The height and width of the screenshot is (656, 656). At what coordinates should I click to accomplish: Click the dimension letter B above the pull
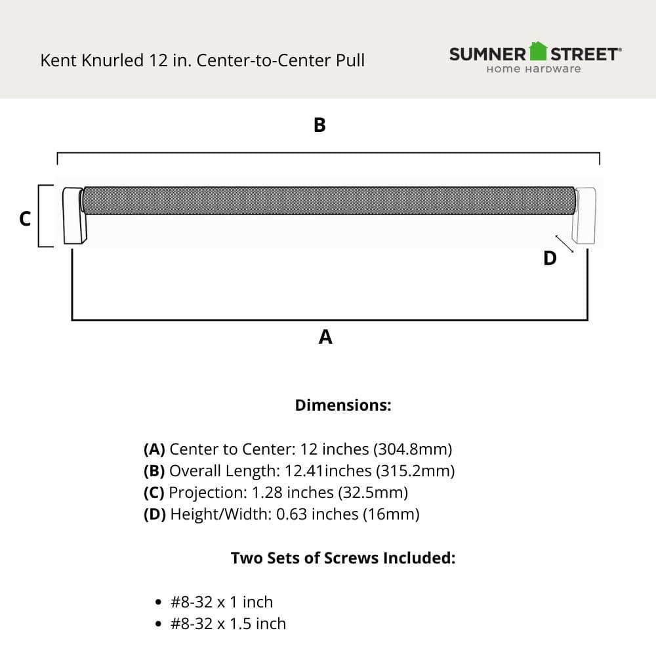(x=319, y=125)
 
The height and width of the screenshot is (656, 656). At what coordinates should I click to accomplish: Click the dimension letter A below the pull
(x=325, y=337)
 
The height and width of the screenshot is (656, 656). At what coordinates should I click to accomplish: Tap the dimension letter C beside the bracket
(x=25, y=219)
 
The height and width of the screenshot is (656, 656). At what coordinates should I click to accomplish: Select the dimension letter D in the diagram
(x=550, y=258)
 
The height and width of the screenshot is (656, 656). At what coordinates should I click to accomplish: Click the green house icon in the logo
(x=539, y=51)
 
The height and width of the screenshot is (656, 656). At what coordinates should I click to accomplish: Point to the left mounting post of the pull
(x=73, y=216)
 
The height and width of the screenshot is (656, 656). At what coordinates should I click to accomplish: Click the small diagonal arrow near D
(x=564, y=243)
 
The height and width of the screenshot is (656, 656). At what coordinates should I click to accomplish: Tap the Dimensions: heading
(x=343, y=405)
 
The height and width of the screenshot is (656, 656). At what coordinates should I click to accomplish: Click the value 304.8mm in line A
(x=413, y=449)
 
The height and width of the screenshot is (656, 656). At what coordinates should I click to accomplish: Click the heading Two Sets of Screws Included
(x=343, y=558)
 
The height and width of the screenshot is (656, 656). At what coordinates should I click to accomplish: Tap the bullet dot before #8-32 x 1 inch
(x=157, y=602)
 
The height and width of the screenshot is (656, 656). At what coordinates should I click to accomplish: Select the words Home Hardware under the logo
(x=533, y=70)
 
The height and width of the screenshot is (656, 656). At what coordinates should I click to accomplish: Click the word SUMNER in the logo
(x=487, y=54)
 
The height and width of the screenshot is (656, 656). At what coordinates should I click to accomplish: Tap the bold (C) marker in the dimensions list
(x=154, y=492)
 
